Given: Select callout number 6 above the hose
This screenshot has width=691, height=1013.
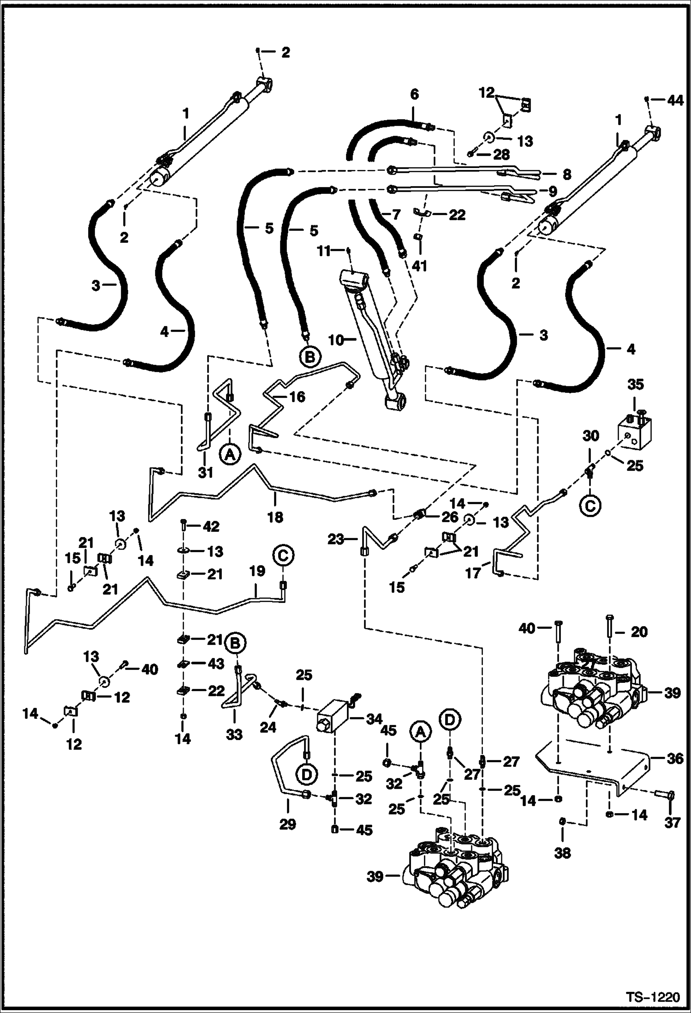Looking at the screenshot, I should point(414,95).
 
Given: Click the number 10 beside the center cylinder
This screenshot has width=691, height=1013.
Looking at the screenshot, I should point(336,340).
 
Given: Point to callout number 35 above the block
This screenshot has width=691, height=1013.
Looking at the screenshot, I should point(635,384).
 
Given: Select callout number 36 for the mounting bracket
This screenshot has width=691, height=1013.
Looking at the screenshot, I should point(674,758).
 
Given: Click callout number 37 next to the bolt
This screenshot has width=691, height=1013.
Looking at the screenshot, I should point(673,822).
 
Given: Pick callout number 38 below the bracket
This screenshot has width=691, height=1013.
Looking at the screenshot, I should point(562,853).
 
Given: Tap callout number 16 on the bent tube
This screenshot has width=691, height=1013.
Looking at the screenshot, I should point(298,397).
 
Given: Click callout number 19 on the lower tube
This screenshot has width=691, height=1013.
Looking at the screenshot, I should point(257,571).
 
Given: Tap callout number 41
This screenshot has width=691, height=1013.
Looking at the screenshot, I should point(420,266).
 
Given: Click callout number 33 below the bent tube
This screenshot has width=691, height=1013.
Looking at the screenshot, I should point(234,734).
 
